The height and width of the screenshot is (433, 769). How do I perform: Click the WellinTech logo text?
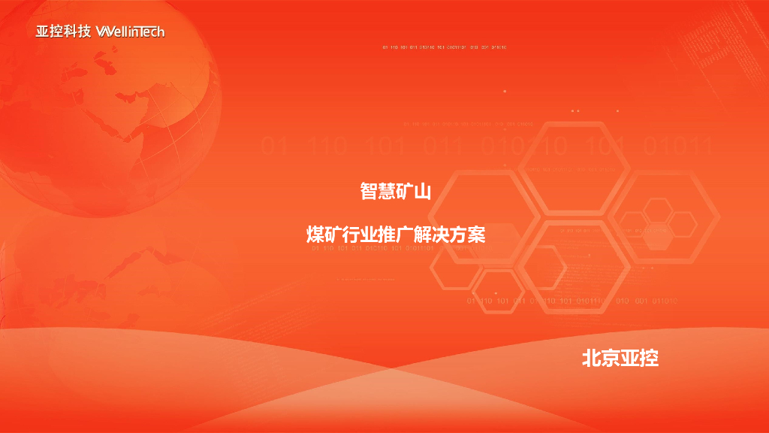click(130, 32)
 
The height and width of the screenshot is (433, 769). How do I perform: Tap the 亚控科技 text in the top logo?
click(63, 32)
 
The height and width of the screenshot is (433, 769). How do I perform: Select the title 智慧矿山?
click(395, 192)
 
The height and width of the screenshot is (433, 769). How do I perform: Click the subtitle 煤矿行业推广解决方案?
click(396, 235)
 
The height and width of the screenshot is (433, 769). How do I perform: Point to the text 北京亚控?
click(620, 358)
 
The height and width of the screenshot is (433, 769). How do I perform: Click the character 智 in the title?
click(369, 192)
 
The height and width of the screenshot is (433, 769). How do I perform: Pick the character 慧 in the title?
click(387, 192)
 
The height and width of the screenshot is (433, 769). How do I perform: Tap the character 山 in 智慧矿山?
click(423, 192)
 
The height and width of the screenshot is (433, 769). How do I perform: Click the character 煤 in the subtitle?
click(315, 235)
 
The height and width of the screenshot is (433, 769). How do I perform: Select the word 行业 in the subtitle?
click(360, 235)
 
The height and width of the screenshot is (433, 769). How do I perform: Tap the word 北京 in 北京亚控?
click(601, 358)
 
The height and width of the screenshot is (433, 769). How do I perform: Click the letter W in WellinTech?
click(104, 32)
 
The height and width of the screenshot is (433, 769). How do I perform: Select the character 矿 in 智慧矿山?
click(405, 192)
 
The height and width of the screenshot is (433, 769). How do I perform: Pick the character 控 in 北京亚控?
click(650, 358)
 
